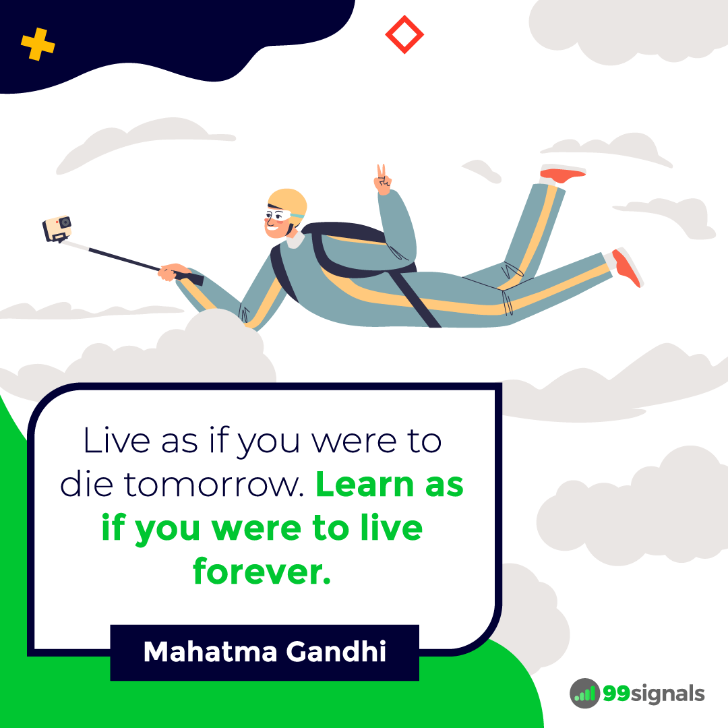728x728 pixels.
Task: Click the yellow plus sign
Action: click(x=38, y=44)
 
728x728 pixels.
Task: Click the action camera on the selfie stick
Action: click(x=57, y=229)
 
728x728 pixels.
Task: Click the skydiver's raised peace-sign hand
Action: click(x=383, y=180)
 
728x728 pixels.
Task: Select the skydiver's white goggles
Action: click(x=278, y=216)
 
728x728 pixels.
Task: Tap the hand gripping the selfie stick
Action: click(x=173, y=272)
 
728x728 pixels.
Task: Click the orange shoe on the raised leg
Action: click(x=563, y=175)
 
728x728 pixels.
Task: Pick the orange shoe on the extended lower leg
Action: click(x=627, y=268)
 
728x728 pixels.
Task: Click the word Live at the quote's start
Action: click(x=117, y=440)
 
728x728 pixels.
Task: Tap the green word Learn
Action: click(x=365, y=484)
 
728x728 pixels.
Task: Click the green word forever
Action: click(x=262, y=571)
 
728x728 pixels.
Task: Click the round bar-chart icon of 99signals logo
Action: click(x=584, y=693)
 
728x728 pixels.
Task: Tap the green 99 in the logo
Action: click(x=617, y=693)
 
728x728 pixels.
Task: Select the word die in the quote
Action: click(x=87, y=484)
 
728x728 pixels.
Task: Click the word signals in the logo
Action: click(x=668, y=694)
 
